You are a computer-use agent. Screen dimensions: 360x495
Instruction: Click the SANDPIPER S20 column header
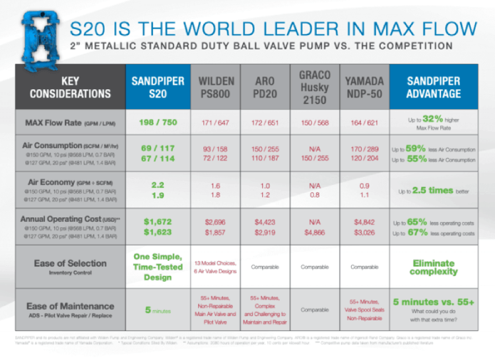point(157,88)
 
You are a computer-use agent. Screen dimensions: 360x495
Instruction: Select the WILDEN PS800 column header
point(216,88)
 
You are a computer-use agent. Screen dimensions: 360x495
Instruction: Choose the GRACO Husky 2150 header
point(314,87)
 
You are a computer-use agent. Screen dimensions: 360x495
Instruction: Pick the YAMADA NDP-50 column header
point(364,88)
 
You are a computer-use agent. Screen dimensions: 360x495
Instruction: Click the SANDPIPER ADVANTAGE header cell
point(434,88)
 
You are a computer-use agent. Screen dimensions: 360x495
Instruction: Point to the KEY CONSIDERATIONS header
point(69,88)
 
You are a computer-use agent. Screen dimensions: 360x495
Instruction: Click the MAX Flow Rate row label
point(63,123)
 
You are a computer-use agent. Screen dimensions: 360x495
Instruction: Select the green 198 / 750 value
point(157,123)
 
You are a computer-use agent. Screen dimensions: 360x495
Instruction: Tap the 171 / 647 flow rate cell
point(216,123)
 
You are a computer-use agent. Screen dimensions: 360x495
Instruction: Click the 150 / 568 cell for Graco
point(314,123)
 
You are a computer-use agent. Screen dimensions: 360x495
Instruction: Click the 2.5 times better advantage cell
point(434,191)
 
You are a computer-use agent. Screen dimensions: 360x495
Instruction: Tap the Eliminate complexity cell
point(434,267)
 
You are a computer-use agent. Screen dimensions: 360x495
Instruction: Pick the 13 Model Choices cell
point(216,267)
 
